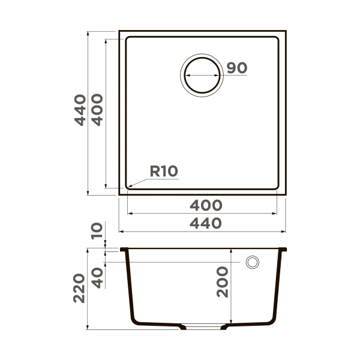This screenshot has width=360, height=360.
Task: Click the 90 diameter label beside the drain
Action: tap(237, 68)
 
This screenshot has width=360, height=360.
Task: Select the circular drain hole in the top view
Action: tap(202, 76)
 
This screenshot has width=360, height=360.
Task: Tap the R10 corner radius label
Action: tap(163, 172)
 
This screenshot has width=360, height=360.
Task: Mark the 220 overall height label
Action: tap(80, 288)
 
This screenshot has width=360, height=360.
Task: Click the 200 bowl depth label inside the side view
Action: tap(223, 282)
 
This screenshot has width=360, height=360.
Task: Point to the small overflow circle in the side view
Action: tap(252, 262)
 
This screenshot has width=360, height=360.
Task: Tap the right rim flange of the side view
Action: tap(283, 249)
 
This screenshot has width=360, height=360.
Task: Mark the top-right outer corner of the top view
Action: tap(286, 31)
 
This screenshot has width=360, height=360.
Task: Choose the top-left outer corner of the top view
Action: tap(119, 31)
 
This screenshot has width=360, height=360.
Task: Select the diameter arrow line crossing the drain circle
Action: tap(202, 76)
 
